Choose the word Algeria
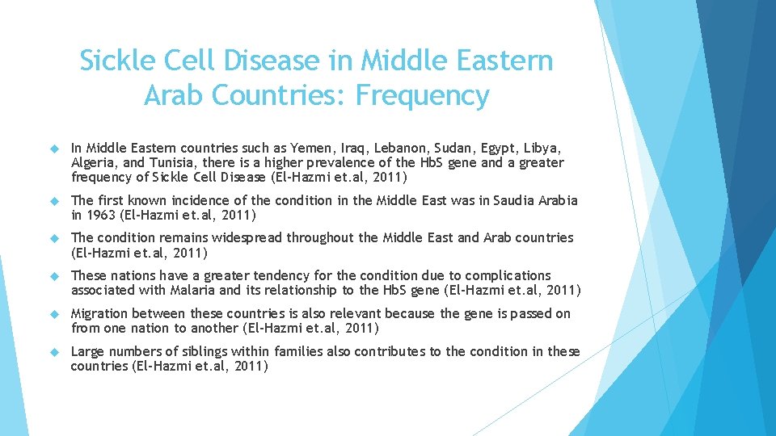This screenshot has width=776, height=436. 94,162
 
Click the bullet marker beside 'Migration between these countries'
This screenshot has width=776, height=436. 55,313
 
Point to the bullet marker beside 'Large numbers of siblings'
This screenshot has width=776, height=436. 55,351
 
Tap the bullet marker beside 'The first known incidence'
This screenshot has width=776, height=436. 55,200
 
